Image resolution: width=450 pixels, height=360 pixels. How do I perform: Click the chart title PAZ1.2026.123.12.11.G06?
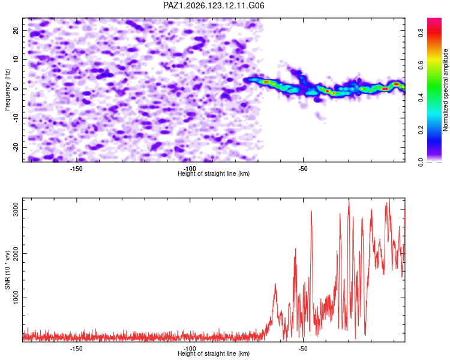coord(214,5)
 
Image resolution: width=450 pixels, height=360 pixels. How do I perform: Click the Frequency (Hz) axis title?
coord(7,90)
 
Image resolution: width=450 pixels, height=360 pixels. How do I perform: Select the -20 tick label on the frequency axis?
coord(16,148)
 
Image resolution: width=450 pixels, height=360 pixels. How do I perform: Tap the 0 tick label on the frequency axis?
coord(16,89)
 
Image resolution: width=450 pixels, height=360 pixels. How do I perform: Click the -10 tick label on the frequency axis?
coord(16,118)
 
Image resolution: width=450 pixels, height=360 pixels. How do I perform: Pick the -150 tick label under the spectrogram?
coord(76,169)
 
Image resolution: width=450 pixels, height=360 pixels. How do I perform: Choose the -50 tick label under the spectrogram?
coord(303,169)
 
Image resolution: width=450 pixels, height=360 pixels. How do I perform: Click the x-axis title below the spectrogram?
coord(214,173)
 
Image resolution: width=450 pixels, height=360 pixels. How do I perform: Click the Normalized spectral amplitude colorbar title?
coord(445,90)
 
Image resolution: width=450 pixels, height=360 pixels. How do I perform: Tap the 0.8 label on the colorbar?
coord(421,33)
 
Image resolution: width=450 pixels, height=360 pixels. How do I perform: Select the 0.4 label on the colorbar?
coord(421,98)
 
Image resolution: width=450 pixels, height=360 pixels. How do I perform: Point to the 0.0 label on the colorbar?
coord(421,163)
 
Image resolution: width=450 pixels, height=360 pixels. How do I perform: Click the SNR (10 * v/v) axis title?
coord(7,270)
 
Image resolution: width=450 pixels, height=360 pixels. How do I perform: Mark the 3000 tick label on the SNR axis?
coord(16,209)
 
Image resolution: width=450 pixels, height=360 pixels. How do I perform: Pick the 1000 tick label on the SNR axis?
coord(16,298)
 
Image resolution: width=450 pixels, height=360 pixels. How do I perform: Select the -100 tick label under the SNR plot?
coord(190,349)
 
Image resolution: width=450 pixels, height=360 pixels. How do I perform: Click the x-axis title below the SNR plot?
coord(214,353)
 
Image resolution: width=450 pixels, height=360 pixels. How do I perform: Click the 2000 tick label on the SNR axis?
coord(16,253)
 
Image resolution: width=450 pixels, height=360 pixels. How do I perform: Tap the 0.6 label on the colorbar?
coord(421,65)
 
